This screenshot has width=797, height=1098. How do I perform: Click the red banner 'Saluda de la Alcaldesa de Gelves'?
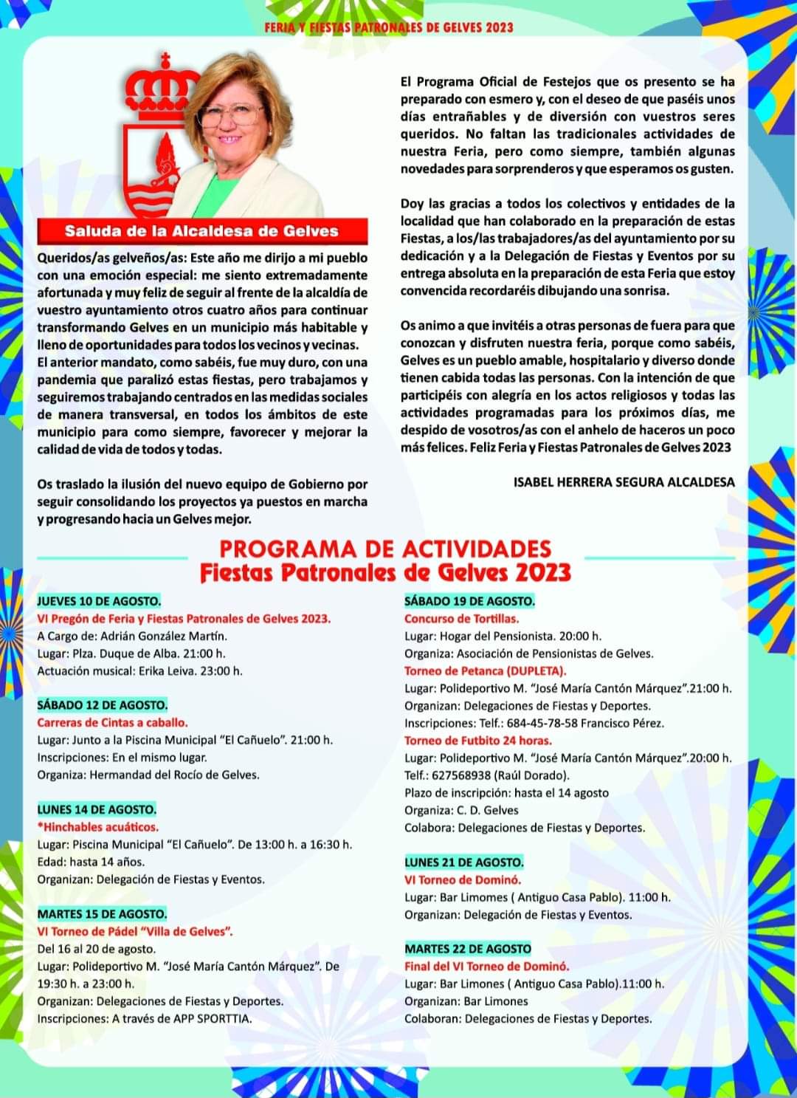coord(201,231)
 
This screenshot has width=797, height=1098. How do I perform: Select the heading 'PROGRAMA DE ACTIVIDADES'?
coord(385,549)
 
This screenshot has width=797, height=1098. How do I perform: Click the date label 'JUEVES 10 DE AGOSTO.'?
coord(99,601)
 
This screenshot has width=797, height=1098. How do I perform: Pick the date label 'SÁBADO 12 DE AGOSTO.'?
coord(103,705)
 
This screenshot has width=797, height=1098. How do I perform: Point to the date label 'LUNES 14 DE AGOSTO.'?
coord(97,809)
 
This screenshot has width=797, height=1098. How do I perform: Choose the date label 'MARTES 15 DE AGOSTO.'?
coord(102,914)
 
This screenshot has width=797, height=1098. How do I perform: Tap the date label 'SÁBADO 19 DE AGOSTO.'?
coord(469,601)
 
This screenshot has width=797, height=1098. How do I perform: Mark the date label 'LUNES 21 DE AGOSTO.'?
coord(464,862)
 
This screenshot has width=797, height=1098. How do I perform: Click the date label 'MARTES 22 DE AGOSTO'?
coord(468,949)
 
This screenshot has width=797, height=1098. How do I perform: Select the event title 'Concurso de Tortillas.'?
coord(461,619)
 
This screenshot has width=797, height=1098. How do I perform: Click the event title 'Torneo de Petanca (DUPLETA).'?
coord(485,671)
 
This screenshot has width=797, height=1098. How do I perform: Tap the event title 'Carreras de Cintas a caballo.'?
coord(112,723)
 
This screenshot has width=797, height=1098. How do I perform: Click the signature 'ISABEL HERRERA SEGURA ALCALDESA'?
coord(624,482)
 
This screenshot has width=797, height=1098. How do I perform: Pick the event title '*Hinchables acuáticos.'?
coord(97,827)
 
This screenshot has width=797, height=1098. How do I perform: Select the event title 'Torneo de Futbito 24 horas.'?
coord(477,741)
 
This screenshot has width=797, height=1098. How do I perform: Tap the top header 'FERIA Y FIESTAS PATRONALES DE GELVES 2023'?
coord(388,28)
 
